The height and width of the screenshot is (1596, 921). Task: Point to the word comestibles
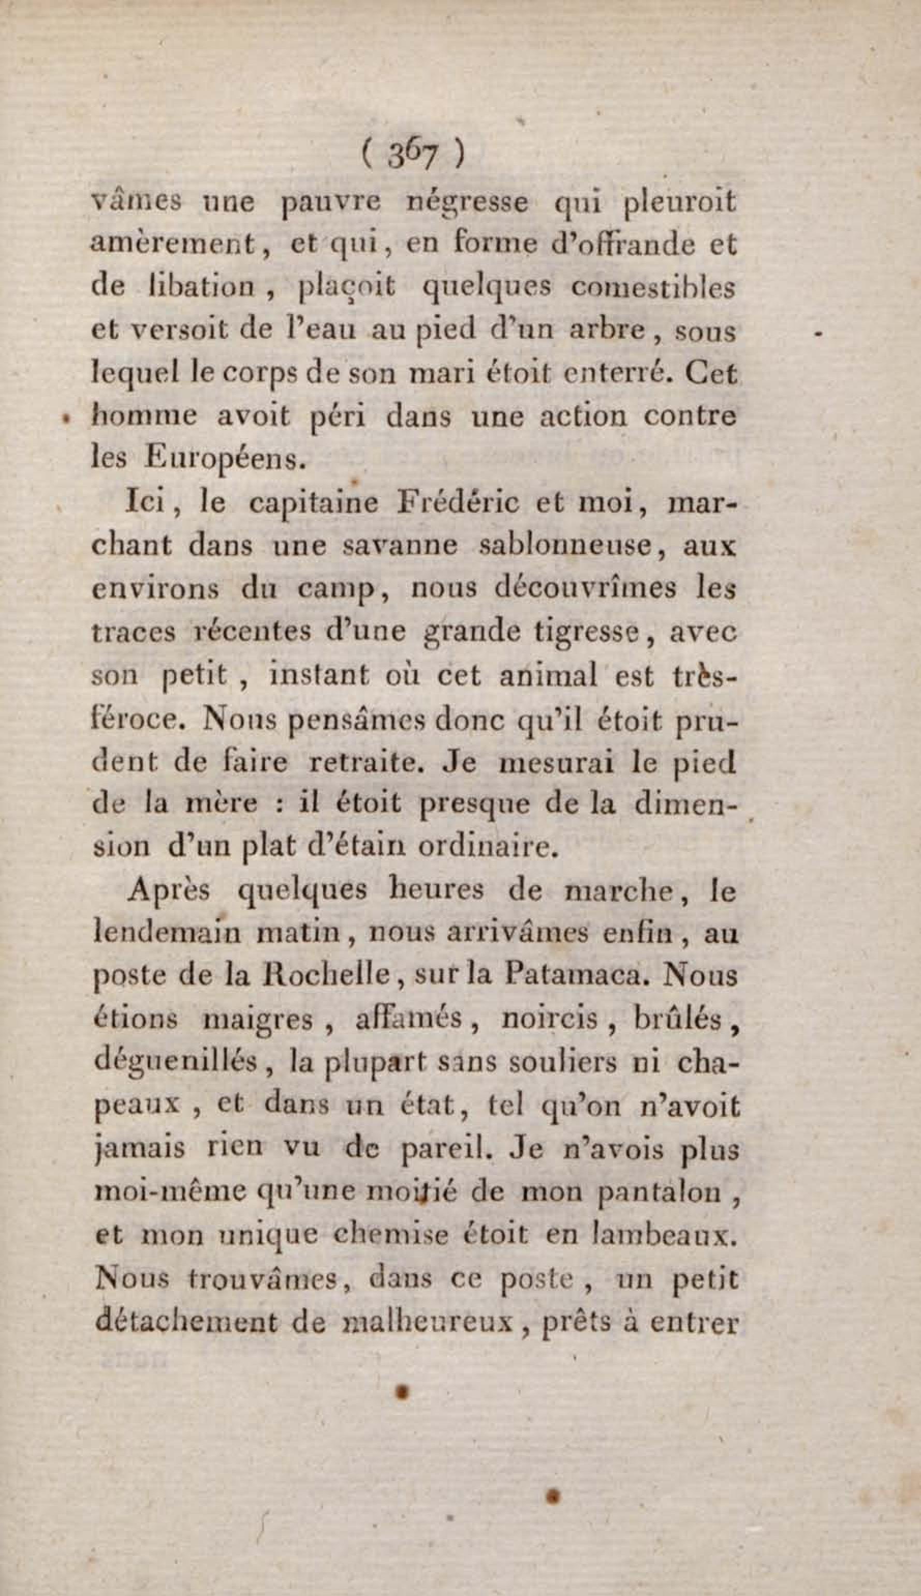653,288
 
